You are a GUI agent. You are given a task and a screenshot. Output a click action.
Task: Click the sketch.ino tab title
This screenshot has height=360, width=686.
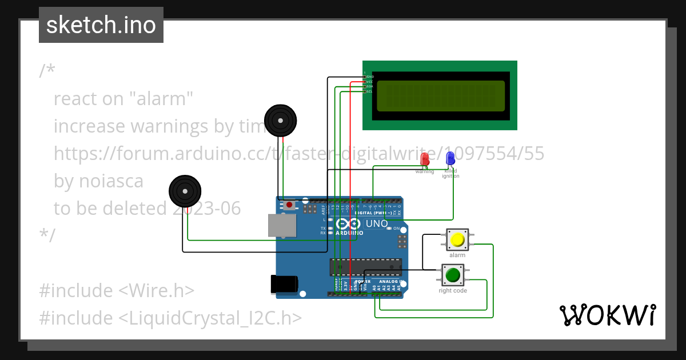(101, 25)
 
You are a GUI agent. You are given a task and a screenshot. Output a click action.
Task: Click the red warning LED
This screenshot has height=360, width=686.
(424, 159)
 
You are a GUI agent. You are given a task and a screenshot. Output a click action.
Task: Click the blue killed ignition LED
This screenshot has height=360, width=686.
(450, 158)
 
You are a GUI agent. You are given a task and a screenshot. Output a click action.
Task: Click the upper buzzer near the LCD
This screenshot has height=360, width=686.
(280, 121)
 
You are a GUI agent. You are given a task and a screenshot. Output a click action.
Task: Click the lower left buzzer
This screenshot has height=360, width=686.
(185, 191)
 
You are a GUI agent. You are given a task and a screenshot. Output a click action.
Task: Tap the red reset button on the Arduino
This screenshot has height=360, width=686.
(290, 204)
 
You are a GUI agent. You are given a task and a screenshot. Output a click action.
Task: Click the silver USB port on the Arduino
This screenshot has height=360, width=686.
(282, 225)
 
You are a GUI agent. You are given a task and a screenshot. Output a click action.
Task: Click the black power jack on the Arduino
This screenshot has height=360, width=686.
(284, 284)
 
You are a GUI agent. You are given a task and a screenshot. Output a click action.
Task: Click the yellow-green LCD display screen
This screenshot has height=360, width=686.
(440, 95)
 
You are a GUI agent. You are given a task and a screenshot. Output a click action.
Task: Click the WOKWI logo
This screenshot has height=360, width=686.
(607, 315)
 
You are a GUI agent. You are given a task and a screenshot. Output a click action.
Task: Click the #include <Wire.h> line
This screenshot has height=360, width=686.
(117, 290)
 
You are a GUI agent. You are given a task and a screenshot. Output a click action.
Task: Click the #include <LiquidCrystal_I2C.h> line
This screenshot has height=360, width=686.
(170, 318)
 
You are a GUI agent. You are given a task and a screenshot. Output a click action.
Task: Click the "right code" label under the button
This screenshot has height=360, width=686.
(453, 291)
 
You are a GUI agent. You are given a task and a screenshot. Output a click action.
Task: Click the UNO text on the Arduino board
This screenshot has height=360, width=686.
(376, 223)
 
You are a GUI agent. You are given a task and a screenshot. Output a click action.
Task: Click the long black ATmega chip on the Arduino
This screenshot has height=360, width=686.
(365, 267)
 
